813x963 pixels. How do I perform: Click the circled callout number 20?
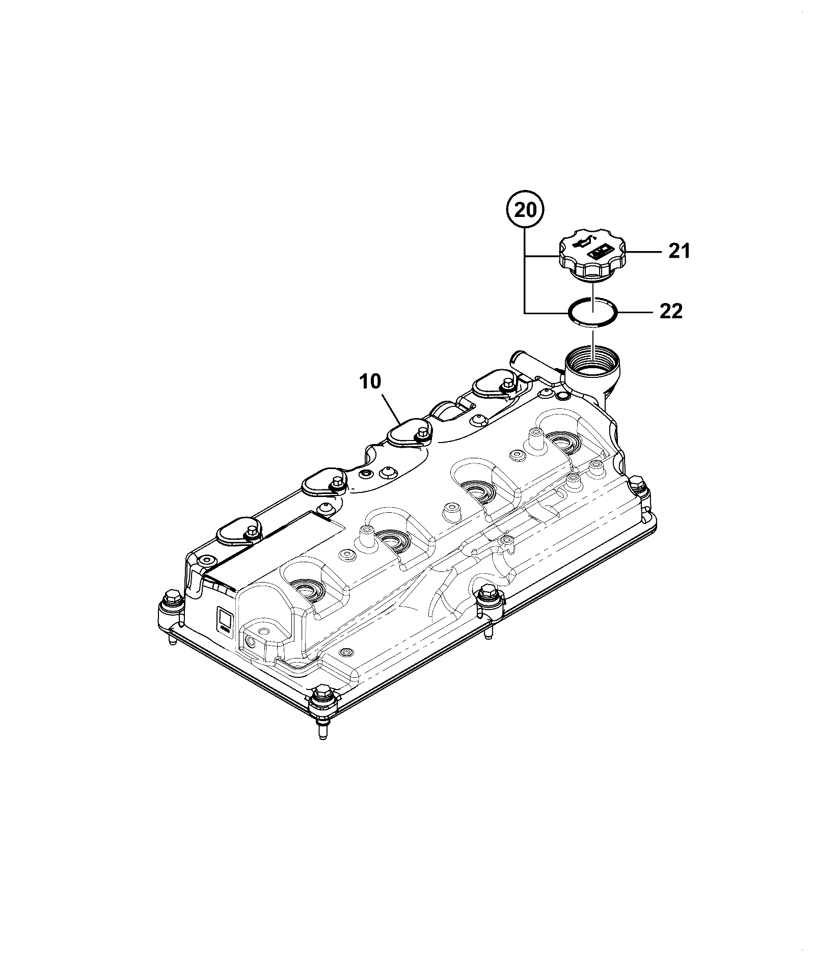(x=526, y=210)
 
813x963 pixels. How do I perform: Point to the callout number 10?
(x=371, y=382)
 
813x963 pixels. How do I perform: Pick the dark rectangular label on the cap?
(x=601, y=252)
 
